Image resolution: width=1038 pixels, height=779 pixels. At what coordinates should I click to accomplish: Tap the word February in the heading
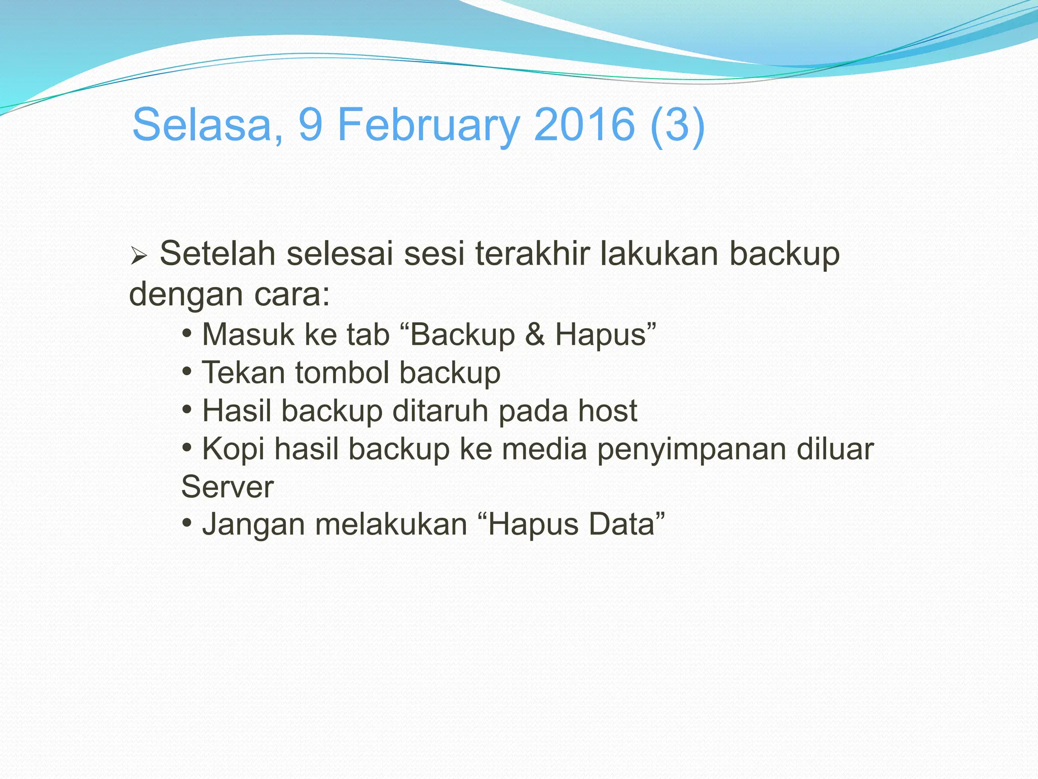click(428, 125)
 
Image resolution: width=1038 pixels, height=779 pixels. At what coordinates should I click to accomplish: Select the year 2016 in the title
click(584, 125)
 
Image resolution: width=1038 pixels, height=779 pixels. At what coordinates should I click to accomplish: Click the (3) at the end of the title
click(677, 125)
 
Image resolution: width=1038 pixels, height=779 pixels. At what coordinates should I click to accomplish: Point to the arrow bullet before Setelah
click(138, 256)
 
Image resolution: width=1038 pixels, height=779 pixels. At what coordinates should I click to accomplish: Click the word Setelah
click(217, 254)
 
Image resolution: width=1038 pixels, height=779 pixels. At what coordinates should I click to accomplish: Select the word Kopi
click(233, 449)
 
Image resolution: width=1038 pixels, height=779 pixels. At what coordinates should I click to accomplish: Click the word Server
click(228, 487)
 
